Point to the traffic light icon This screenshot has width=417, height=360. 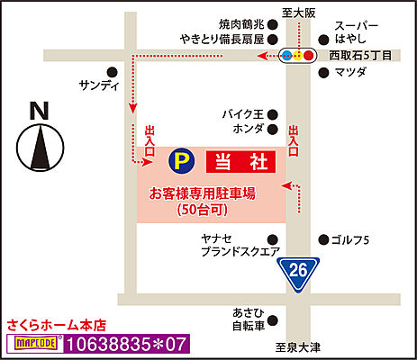coord(298,55)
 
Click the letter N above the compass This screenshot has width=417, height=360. coord(39,111)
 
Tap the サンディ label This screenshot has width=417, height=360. coord(100,86)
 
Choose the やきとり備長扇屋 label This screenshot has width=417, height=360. coord(221,40)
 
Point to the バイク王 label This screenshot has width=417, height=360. coord(244,114)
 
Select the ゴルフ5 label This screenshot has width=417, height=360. coord(351,239)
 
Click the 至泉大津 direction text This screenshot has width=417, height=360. coord(300,346)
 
